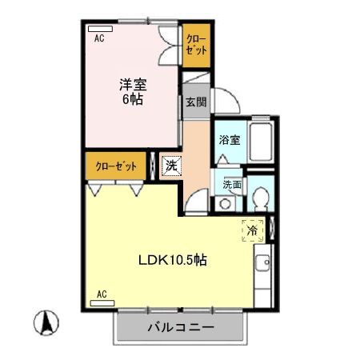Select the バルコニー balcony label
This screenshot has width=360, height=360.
[180, 328]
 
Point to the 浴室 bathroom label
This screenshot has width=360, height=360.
[230, 139]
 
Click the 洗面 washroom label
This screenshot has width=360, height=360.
[231, 184]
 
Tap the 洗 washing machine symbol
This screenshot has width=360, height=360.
[171, 166]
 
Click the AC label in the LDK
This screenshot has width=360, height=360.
[101, 294]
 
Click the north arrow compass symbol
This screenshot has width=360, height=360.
[46, 324]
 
